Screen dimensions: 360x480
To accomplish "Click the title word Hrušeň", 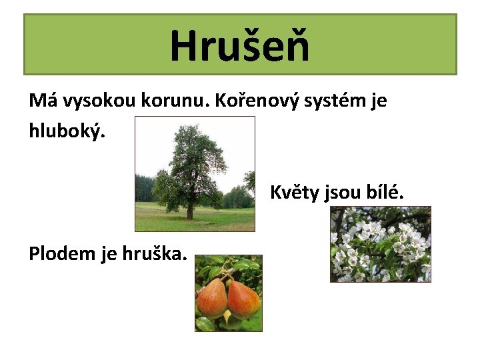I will click(240, 45).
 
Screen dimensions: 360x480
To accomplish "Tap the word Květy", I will click(294, 193).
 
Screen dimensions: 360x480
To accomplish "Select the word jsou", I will click(343, 193).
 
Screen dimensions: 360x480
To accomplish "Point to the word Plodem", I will click(62, 253).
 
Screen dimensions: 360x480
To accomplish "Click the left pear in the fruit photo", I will click(213, 298).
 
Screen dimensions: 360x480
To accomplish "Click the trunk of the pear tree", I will click(190, 211).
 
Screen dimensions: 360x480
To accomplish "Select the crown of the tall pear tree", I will click(193, 160).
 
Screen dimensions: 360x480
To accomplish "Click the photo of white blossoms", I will click(381, 244).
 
